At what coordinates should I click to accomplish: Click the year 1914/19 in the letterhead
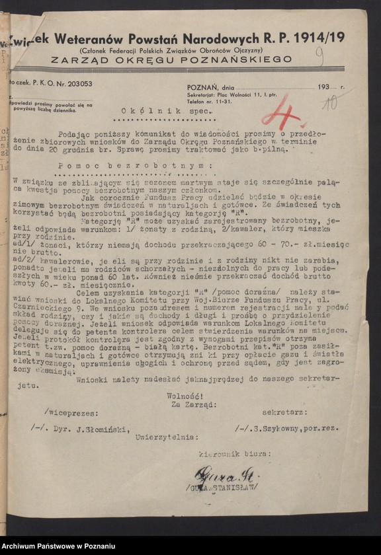(x=319, y=38)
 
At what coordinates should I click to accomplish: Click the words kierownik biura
(x=232, y=455)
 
